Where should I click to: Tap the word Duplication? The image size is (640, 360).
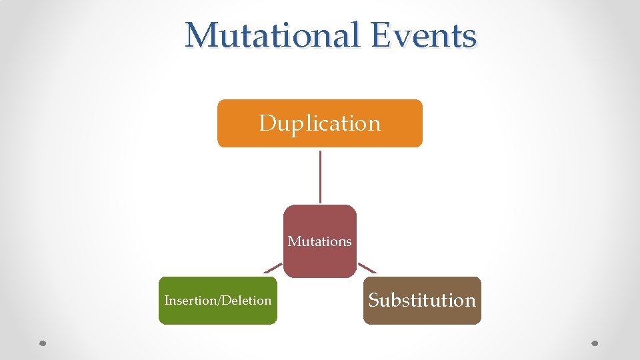(320, 123)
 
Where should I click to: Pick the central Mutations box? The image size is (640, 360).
(320, 260)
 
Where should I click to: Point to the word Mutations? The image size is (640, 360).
(320, 241)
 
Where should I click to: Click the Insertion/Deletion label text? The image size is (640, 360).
(218, 301)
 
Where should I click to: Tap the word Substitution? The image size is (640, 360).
(422, 301)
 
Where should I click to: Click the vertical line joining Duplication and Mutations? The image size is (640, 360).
(321, 176)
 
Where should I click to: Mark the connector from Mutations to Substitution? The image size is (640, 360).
(368, 268)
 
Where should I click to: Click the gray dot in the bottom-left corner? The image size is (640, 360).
(43, 344)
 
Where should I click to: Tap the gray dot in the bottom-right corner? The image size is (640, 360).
(596, 344)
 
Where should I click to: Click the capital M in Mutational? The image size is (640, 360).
(199, 35)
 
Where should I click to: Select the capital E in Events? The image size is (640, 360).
(382, 35)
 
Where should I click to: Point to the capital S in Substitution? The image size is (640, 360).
(374, 301)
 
